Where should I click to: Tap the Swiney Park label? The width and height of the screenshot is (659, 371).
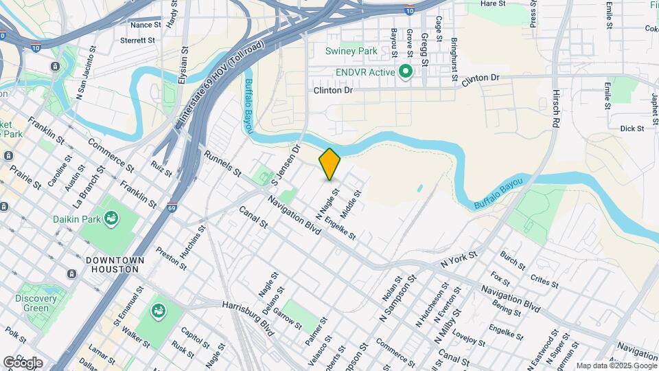[x=351, y=51]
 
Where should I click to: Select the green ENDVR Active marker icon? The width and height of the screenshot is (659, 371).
[x=406, y=71]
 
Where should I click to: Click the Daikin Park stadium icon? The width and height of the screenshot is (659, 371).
[x=111, y=219]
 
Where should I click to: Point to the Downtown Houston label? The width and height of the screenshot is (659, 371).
[x=115, y=265]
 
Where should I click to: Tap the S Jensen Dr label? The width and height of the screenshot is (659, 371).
[x=286, y=164]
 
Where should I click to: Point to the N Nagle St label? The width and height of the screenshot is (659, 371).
[x=328, y=200]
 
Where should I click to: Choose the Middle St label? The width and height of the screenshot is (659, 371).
[x=351, y=205]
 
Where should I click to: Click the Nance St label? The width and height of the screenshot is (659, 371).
[x=146, y=25]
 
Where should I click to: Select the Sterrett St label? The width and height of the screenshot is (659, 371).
[x=139, y=41]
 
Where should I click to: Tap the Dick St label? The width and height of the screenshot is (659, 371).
[x=632, y=128]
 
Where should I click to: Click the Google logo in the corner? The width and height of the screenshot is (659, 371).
[x=23, y=362]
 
